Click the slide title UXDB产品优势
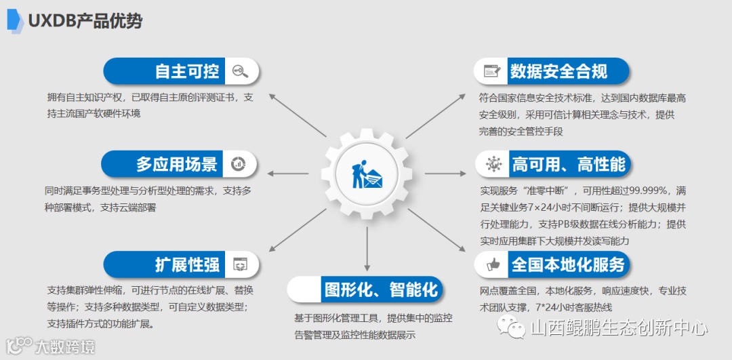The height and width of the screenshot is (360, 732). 85,21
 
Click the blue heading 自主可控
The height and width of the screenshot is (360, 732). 186,71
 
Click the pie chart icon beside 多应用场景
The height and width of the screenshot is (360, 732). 239,163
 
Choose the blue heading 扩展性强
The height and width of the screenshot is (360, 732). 186,264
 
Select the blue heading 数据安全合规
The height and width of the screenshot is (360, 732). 558,71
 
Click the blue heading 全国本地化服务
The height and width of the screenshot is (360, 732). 567,264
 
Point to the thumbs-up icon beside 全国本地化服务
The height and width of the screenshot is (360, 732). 492,264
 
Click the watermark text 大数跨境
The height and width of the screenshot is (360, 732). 65,346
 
